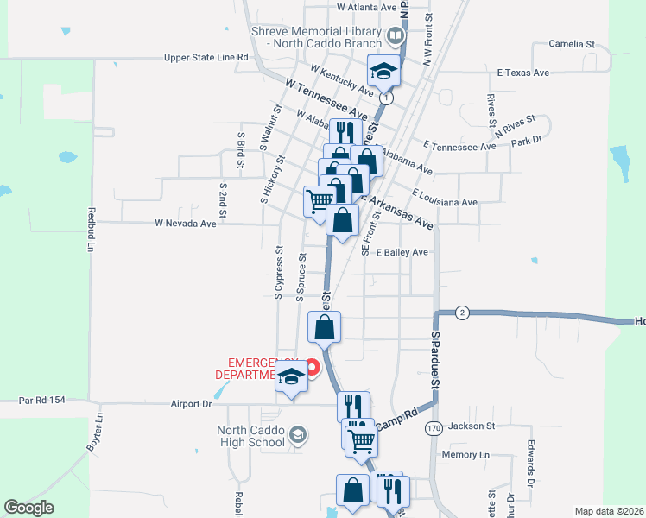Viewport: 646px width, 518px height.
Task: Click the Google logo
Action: tap(28, 508)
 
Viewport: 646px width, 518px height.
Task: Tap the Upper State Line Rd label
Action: tap(206, 58)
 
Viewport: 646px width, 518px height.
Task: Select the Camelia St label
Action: tap(573, 43)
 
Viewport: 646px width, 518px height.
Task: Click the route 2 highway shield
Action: tap(462, 313)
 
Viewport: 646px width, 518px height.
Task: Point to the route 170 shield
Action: tap(434, 427)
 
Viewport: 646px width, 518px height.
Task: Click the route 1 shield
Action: tap(386, 99)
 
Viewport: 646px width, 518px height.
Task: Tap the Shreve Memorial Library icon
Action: tap(396, 36)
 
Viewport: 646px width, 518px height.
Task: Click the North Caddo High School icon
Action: tap(298, 433)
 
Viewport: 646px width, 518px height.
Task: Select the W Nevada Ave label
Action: tap(185, 223)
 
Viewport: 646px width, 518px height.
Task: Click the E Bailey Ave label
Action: tap(402, 252)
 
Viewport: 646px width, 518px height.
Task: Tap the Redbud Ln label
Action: tap(91, 229)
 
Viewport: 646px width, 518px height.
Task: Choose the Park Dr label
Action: tap(526, 140)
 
